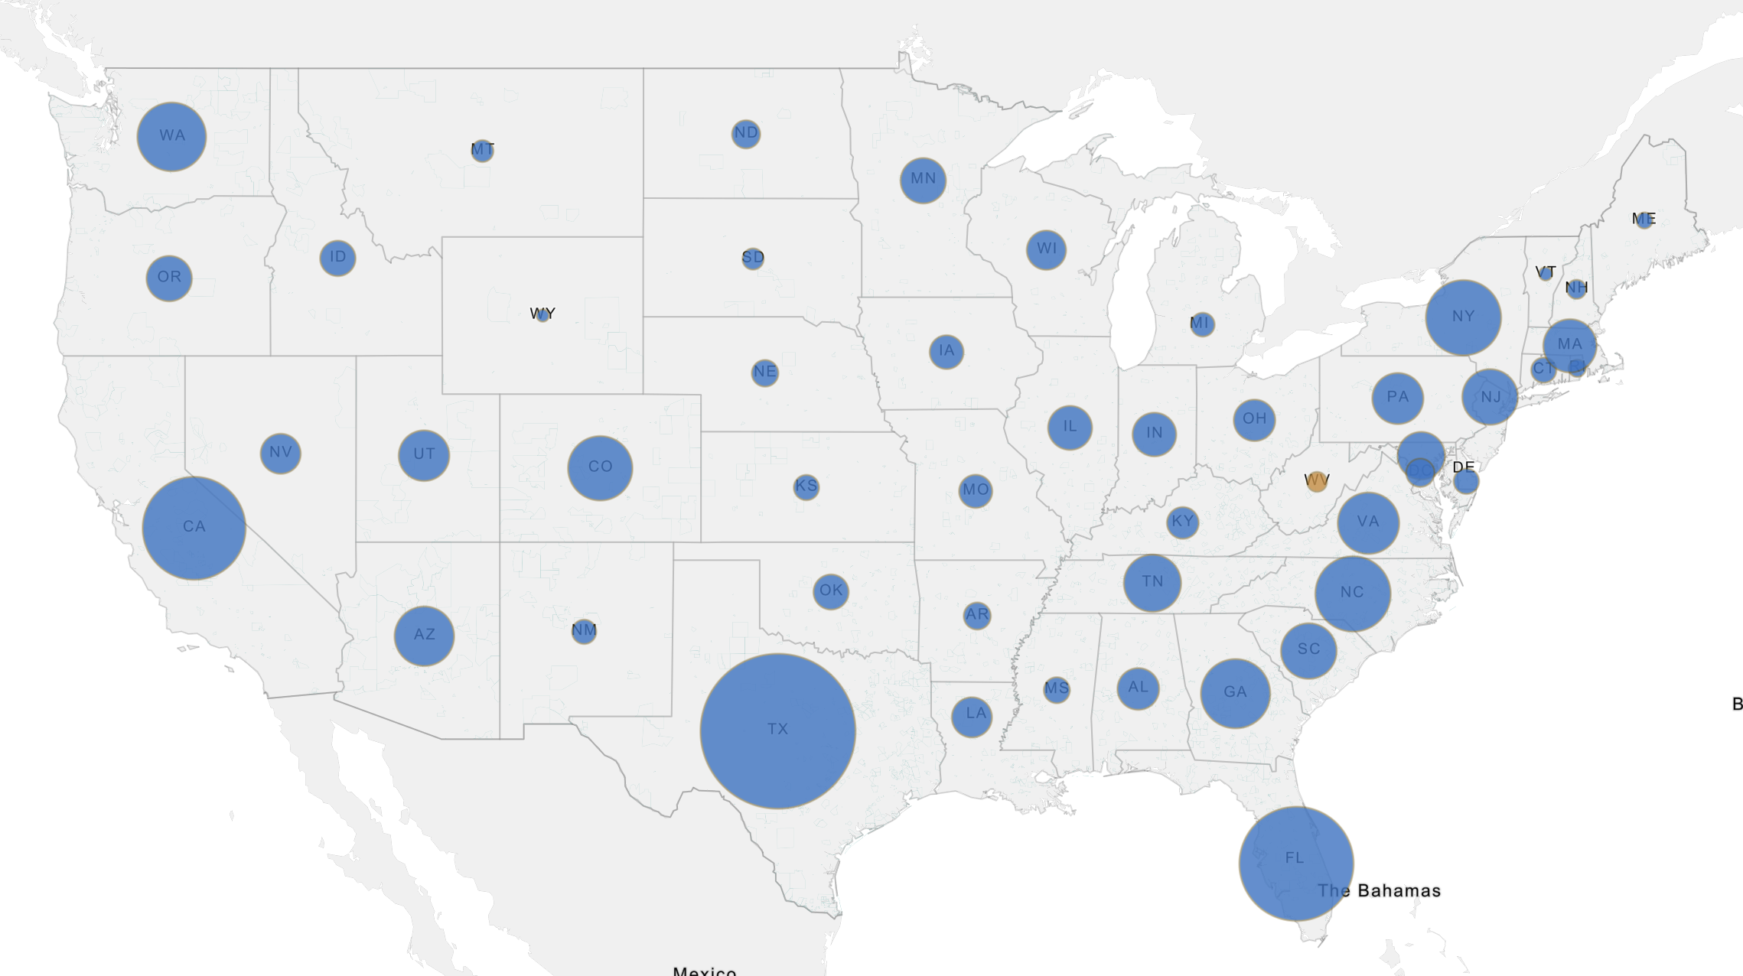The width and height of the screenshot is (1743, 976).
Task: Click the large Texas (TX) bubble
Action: click(x=777, y=730)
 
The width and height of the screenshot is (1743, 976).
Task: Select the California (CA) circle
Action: click(x=194, y=528)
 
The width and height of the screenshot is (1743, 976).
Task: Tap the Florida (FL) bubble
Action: click(x=1295, y=863)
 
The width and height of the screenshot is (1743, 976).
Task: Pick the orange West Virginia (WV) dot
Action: click(x=1316, y=482)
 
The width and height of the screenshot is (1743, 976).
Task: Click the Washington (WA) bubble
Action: click(x=171, y=136)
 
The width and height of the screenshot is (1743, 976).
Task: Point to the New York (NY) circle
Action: click(x=1462, y=317)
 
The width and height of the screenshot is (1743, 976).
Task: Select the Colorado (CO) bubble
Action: click(x=600, y=467)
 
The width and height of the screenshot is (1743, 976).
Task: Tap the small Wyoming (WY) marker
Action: click(x=542, y=315)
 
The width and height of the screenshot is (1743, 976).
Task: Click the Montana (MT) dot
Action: click(x=482, y=150)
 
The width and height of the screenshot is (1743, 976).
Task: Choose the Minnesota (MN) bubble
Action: click(x=923, y=180)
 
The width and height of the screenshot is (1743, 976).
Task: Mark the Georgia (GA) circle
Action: click(x=1235, y=693)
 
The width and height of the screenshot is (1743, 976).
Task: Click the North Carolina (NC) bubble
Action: click(x=1352, y=594)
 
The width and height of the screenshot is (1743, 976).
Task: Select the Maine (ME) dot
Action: click(x=1644, y=220)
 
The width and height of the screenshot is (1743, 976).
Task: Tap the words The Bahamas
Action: click(x=1379, y=891)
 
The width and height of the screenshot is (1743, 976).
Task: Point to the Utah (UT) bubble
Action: click(x=424, y=455)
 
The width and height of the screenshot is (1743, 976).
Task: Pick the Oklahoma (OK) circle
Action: click(x=830, y=591)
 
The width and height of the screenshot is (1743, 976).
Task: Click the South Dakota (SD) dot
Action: click(x=753, y=258)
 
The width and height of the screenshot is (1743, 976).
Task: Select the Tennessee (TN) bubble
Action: click(x=1152, y=583)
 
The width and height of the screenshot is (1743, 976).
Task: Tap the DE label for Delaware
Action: click(x=1463, y=467)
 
